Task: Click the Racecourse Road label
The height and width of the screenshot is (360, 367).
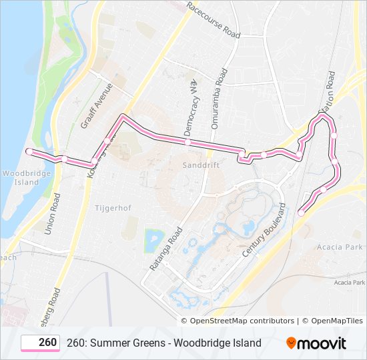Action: pos(213,20)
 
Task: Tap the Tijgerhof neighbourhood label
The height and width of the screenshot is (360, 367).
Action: pos(113,208)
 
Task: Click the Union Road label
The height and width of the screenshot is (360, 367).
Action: pos(52,213)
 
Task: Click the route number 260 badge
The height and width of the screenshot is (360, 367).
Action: pos(41,343)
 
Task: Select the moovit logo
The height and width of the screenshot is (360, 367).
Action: pos(316,343)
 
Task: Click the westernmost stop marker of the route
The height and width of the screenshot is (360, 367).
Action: pos(29,151)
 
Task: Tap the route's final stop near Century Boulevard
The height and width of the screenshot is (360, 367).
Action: pos(301,213)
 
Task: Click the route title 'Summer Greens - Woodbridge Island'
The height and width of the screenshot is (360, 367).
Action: pos(164,343)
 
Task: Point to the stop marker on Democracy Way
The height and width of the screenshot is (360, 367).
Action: pos(188,142)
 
